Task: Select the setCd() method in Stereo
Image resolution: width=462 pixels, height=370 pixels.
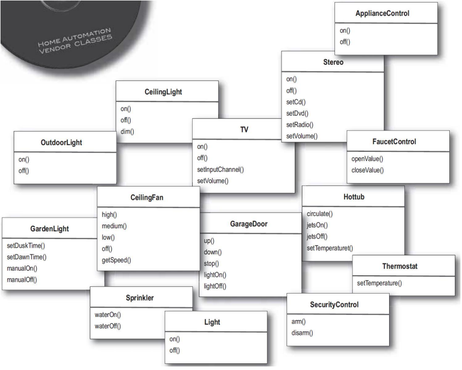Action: point(296,102)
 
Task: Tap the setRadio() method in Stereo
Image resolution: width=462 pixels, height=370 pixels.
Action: point(299,124)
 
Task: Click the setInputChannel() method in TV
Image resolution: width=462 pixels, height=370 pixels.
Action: point(220,169)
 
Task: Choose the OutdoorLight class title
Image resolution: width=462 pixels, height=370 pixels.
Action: point(61,143)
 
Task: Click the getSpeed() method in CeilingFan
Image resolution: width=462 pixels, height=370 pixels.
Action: point(117,260)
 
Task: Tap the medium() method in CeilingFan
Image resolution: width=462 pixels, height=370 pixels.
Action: point(114,226)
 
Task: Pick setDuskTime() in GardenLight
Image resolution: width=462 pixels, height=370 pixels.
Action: point(26,245)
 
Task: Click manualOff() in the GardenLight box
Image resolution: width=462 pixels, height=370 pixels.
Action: point(22,279)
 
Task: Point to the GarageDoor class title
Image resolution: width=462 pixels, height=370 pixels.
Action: point(249,224)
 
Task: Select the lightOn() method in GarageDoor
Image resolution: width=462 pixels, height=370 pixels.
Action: point(215,275)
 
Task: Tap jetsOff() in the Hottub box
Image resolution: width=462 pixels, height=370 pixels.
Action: point(317,236)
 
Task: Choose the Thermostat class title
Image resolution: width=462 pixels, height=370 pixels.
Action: point(403,266)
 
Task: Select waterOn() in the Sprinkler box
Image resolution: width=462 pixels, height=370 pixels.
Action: point(107,314)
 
